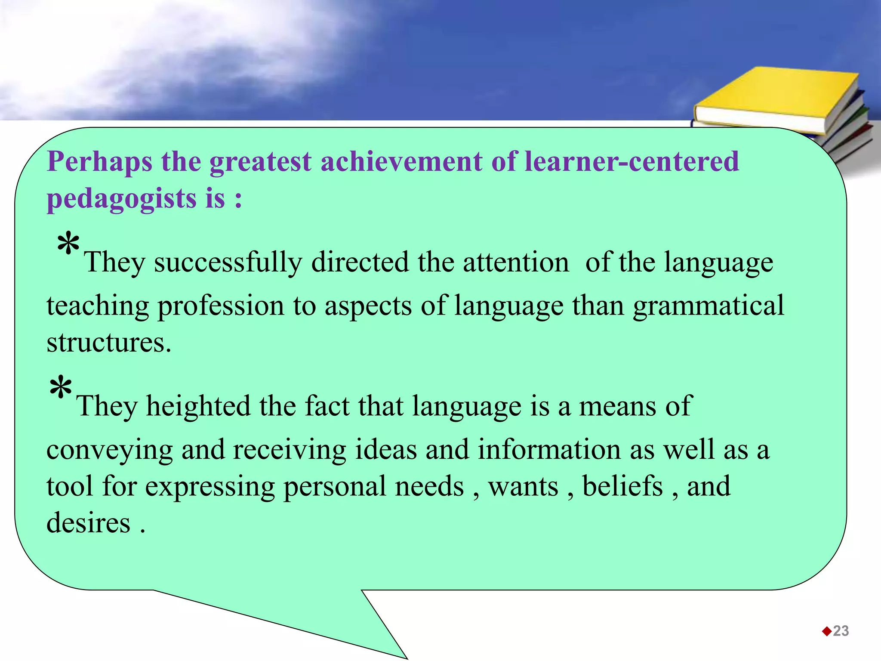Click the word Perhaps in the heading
point(99,162)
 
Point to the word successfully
point(228,263)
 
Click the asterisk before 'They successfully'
point(68,244)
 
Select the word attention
point(515,262)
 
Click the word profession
point(221,306)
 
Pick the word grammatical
point(708,306)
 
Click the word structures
point(108,343)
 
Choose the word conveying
point(109,450)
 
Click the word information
point(549,450)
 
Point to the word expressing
point(209,487)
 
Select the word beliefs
point(622,486)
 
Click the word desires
point(88,523)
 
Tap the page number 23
point(841,631)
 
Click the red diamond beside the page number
point(826,631)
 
